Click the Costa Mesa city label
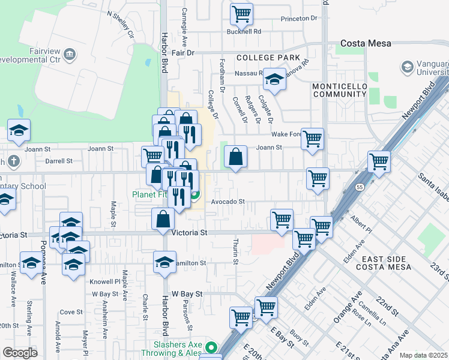click(366, 43)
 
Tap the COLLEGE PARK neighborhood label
click(268, 58)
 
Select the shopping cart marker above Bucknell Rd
click(241, 14)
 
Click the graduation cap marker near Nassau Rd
click(274, 79)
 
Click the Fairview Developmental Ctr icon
click(71, 55)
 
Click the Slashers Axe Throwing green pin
click(211, 347)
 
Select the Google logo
click(19, 353)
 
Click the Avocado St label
click(227, 202)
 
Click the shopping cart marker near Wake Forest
click(312, 139)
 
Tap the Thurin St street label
click(235, 251)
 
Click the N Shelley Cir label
click(121, 22)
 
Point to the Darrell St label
click(59, 161)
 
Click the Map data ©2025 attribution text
click(423, 355)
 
